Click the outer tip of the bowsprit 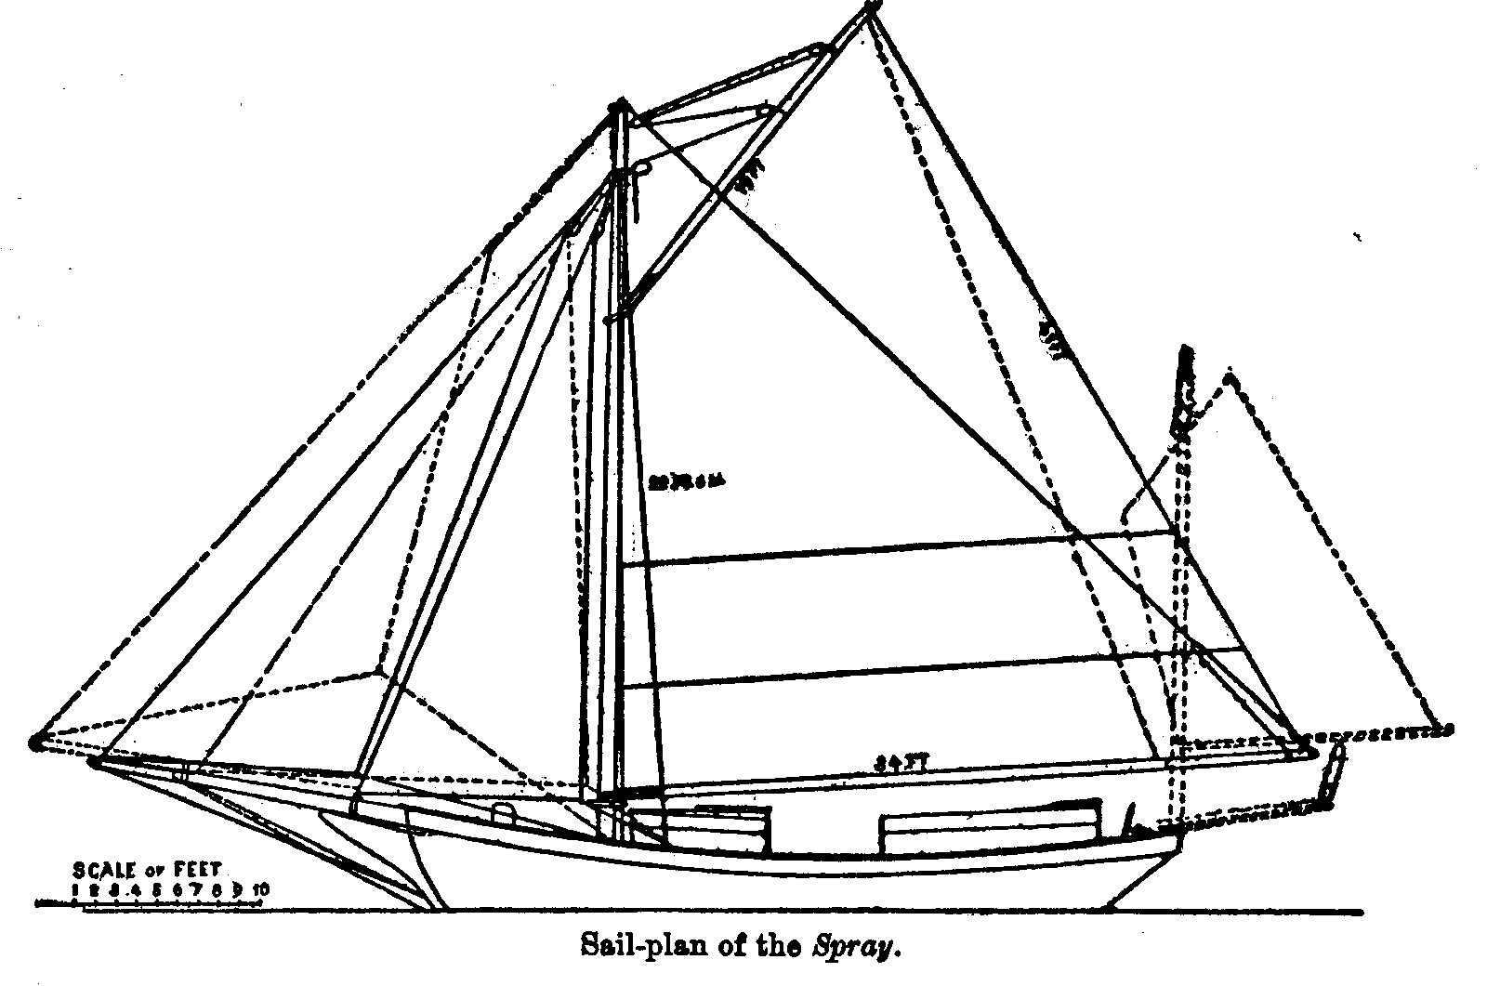coord(35,742)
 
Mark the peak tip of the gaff coord(871,7)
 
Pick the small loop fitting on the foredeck coord(503,814)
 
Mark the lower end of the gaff coord(611,320)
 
